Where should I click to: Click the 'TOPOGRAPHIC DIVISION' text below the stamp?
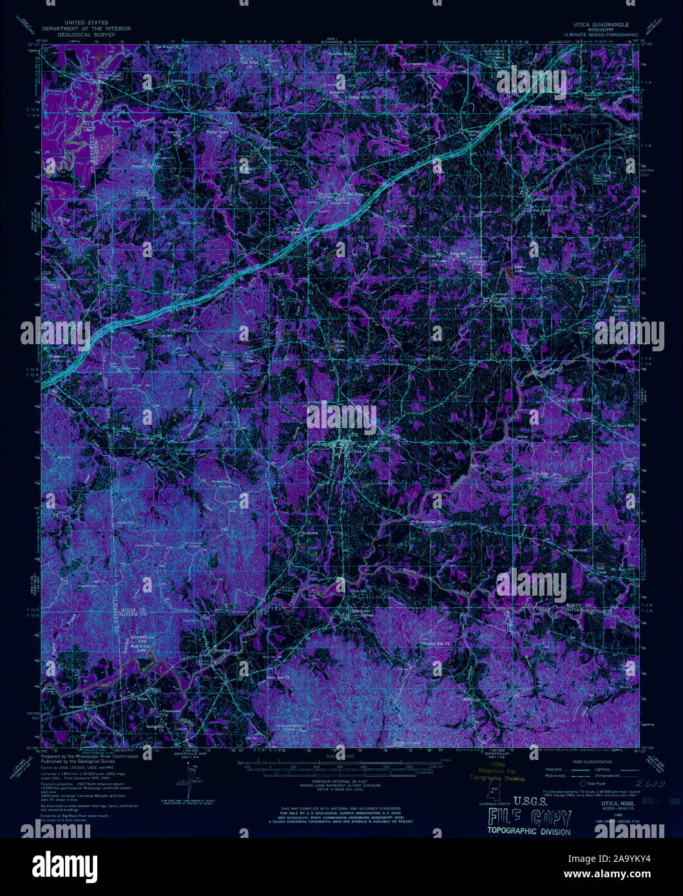pyautogui.click(x=529, y=832)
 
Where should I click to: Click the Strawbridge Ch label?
pyautogui.click(x=430, y=522)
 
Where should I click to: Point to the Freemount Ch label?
pyautogui.click(x=170, y=711)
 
